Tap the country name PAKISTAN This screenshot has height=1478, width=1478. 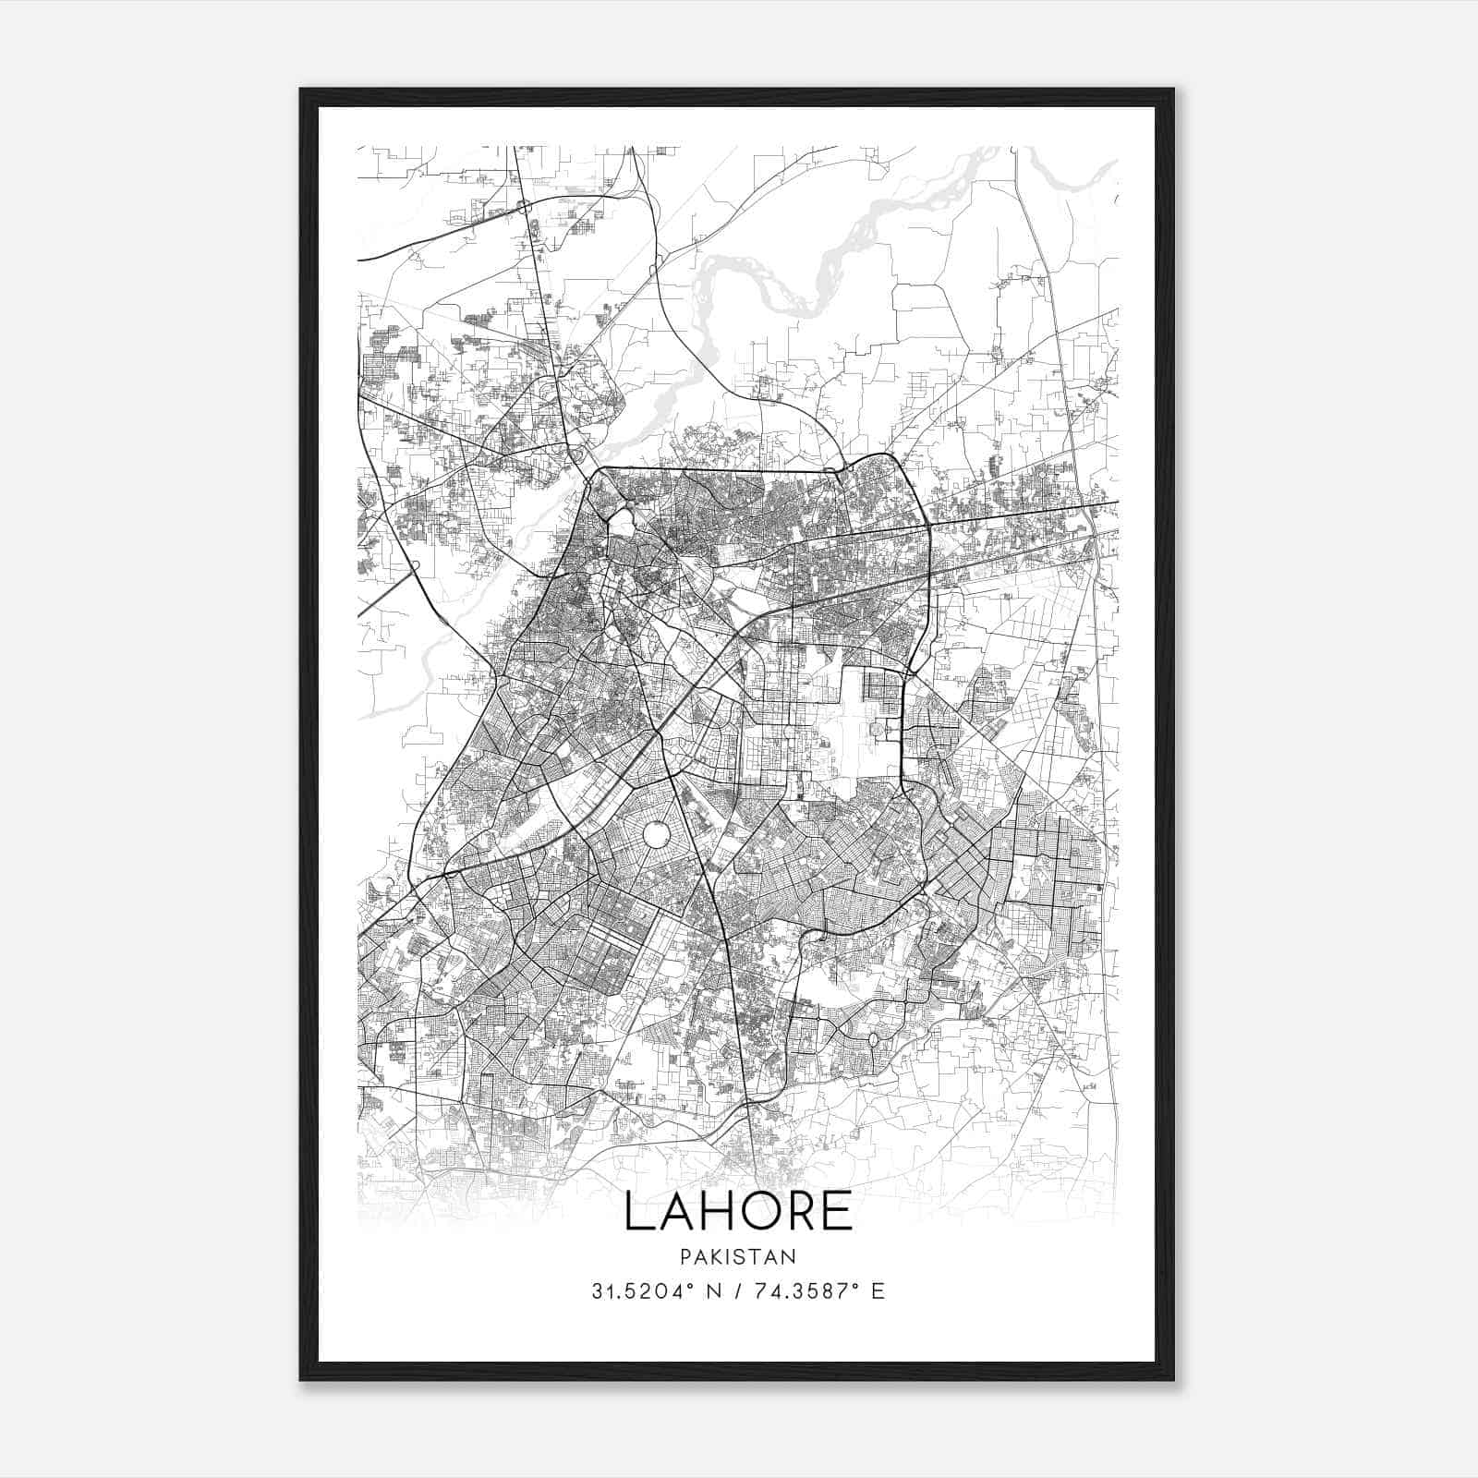click(x=738, y=1256)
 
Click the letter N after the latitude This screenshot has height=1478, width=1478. click(x=713, y=1290)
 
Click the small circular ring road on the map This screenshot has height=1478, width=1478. click(x=657, y=836)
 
